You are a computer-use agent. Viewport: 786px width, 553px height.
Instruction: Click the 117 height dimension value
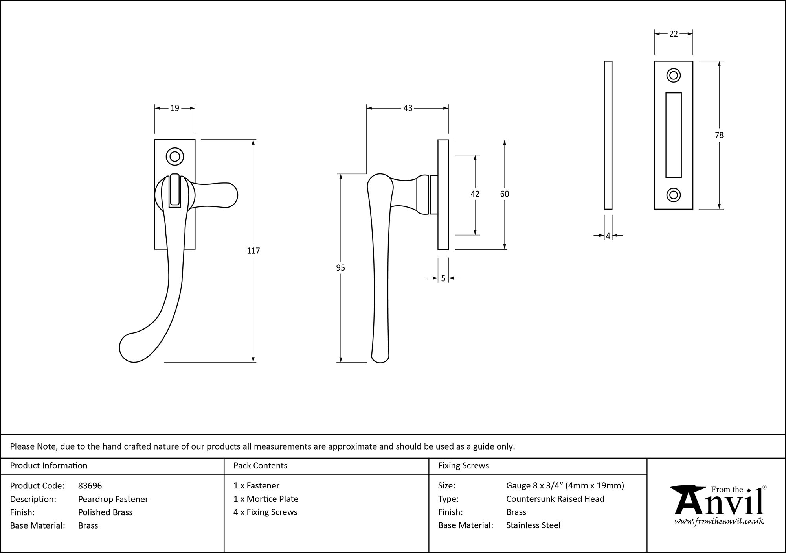tap(253, 251)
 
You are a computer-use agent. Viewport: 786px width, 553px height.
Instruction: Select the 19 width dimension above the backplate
tap(174, 108)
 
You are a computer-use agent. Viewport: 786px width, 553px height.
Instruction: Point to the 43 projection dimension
tap(408, 108)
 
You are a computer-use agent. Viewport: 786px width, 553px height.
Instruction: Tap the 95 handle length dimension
tap(340, 268)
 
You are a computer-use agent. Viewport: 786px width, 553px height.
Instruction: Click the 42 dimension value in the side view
tap(475, 194)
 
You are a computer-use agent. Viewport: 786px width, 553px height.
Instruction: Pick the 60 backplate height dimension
tap(504, 194)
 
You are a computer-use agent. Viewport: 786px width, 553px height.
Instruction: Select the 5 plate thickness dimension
tap(443, 278)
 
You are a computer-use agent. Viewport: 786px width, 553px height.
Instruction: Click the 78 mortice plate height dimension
tap(719, 135)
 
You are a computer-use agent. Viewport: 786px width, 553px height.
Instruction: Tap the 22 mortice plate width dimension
tap(673, 34)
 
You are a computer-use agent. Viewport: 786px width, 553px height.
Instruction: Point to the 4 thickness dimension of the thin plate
tap(608, 236)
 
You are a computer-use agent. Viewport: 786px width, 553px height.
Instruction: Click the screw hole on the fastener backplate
tap(175, 157)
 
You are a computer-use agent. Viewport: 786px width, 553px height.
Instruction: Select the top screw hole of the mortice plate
tap(674, 76)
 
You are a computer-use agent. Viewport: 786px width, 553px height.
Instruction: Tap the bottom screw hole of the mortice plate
tap(674, 195)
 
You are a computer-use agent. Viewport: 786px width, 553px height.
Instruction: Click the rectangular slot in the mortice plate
tap(674, 135)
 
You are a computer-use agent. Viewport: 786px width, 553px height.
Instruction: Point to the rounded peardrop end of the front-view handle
tap(132, 348)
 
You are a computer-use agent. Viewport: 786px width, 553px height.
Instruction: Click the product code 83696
tap(90, 486)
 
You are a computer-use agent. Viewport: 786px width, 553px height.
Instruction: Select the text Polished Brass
tap(105, 512)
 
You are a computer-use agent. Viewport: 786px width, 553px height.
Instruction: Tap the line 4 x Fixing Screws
tap(265, 512)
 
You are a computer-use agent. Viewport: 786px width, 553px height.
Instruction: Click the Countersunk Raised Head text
tap(555, 499)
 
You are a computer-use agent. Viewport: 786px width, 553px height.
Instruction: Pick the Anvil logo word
tap(719, 503)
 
